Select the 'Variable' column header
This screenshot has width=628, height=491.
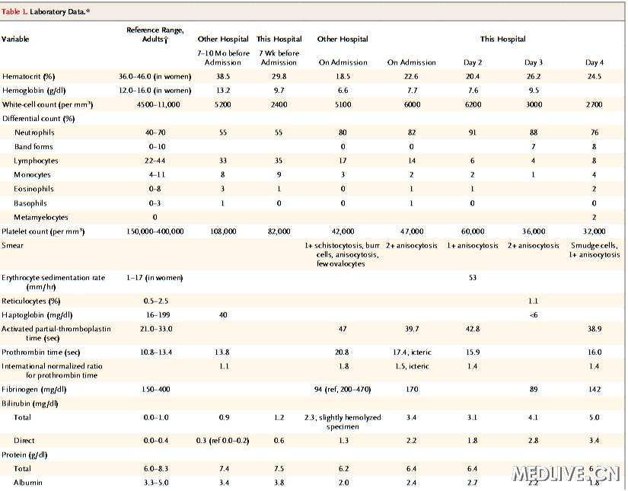coord(18,39)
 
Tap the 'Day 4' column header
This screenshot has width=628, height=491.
coord(594,62)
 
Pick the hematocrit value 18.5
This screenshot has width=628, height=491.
coord(343,76)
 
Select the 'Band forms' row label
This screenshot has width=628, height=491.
coord(34,147)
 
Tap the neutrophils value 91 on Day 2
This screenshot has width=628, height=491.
coord(473,132)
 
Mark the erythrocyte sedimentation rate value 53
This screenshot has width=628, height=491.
coord(473,278)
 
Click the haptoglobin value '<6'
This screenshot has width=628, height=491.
coord(534,314)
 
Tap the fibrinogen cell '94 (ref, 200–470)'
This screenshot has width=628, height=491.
coord(343,389)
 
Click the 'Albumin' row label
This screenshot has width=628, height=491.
coord(28,483)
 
